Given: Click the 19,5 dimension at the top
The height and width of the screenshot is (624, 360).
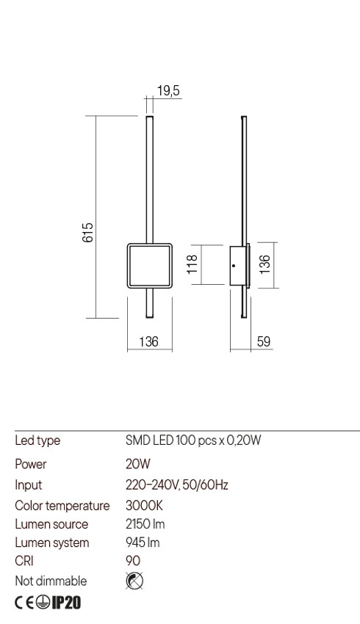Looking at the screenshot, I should point(169,91).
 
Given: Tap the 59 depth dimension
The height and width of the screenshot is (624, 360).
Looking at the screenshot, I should point(263,341).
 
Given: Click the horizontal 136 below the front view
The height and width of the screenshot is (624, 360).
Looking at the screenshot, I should point(149,341).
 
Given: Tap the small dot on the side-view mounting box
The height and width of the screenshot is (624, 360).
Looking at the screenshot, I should point(234,264).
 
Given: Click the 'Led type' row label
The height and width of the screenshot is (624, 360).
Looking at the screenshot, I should point(37,440).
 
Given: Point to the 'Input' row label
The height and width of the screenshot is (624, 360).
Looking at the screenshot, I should point(29,485).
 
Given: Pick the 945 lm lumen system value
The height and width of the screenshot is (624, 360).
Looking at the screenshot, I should point(143,543).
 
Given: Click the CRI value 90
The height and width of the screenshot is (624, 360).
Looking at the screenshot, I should point(133,562).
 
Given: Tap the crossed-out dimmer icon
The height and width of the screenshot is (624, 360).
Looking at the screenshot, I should point(134,581).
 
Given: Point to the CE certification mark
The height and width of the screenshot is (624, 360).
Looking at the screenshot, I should point(24,603).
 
